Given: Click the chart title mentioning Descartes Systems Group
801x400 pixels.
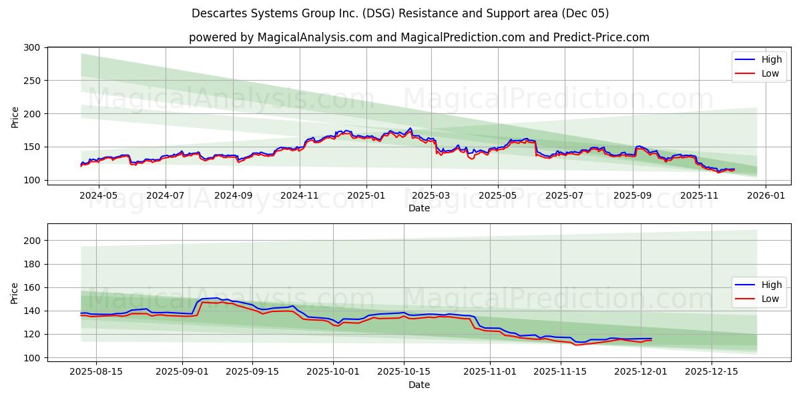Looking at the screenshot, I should click(400, 13).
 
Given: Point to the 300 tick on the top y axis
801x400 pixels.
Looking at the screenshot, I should click(31, 47).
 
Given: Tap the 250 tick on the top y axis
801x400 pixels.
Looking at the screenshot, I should click(31, 81).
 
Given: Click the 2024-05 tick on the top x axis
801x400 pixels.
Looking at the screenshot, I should click(98, 196).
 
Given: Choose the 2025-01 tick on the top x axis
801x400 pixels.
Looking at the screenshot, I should click(366, 196).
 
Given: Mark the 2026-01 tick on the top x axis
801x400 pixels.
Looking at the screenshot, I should click(765, 196).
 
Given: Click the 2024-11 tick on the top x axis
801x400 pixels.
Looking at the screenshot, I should click(299, 196).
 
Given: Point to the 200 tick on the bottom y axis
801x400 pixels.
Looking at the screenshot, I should click(31, 241).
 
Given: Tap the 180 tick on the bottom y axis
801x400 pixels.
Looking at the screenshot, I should click(31, 264).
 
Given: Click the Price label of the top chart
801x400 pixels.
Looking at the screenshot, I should click(15, 116).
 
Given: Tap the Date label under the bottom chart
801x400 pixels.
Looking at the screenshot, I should click(419, 385).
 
